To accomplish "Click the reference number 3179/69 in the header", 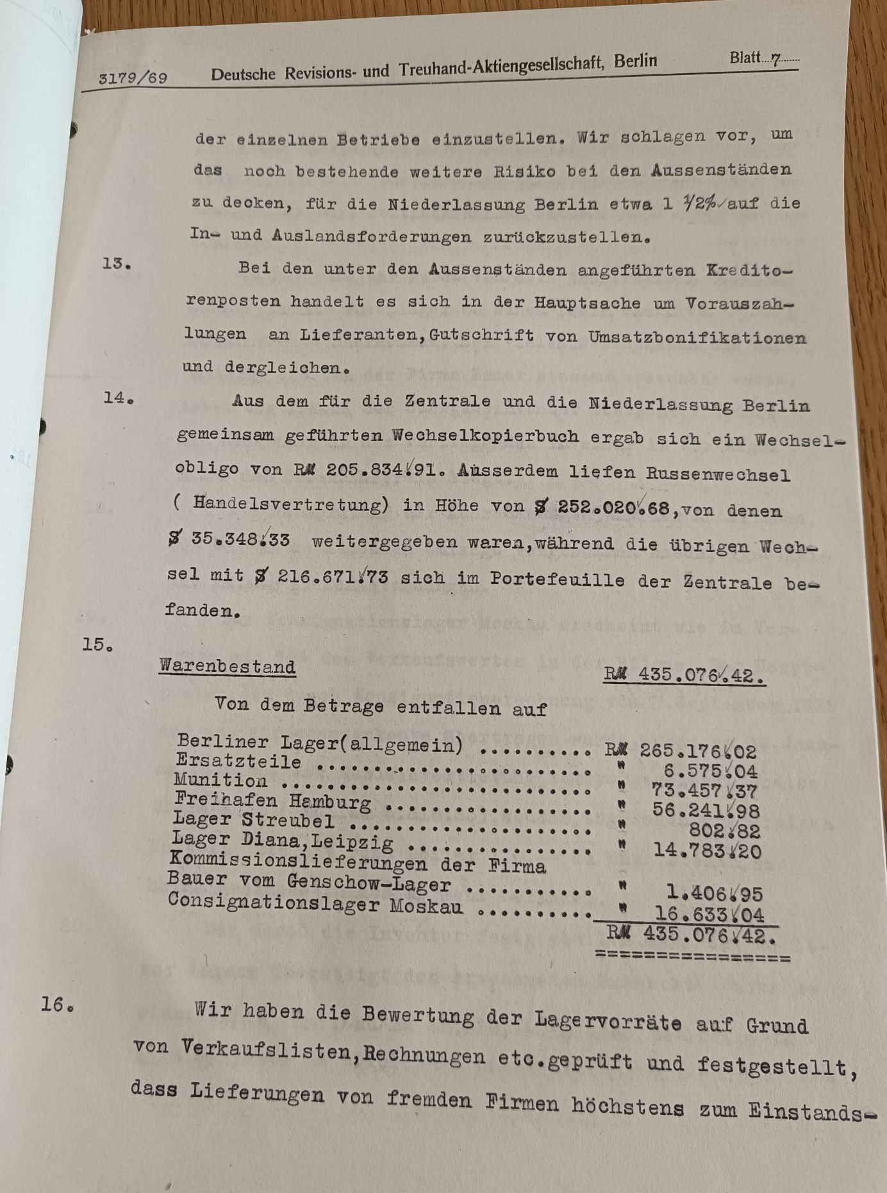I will point(133,78).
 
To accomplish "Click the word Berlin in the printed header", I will point(635,62).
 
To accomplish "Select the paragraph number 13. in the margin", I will point(116,263).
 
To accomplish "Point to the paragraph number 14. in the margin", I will point(119,398).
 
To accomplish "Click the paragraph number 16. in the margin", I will point(57,1004).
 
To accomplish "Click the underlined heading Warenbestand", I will point(228,666).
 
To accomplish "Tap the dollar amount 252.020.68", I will point(613,508).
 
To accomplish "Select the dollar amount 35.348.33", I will point(240,540).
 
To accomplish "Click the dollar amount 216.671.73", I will point(332,576).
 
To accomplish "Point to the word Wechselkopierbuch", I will point(485,436).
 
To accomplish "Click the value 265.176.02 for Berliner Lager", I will point(697,751).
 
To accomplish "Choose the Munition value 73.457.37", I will point(704,791).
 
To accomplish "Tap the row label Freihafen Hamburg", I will point(272,801).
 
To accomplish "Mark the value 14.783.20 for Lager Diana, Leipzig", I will point(707,851).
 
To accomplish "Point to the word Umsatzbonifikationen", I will point(697,337).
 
